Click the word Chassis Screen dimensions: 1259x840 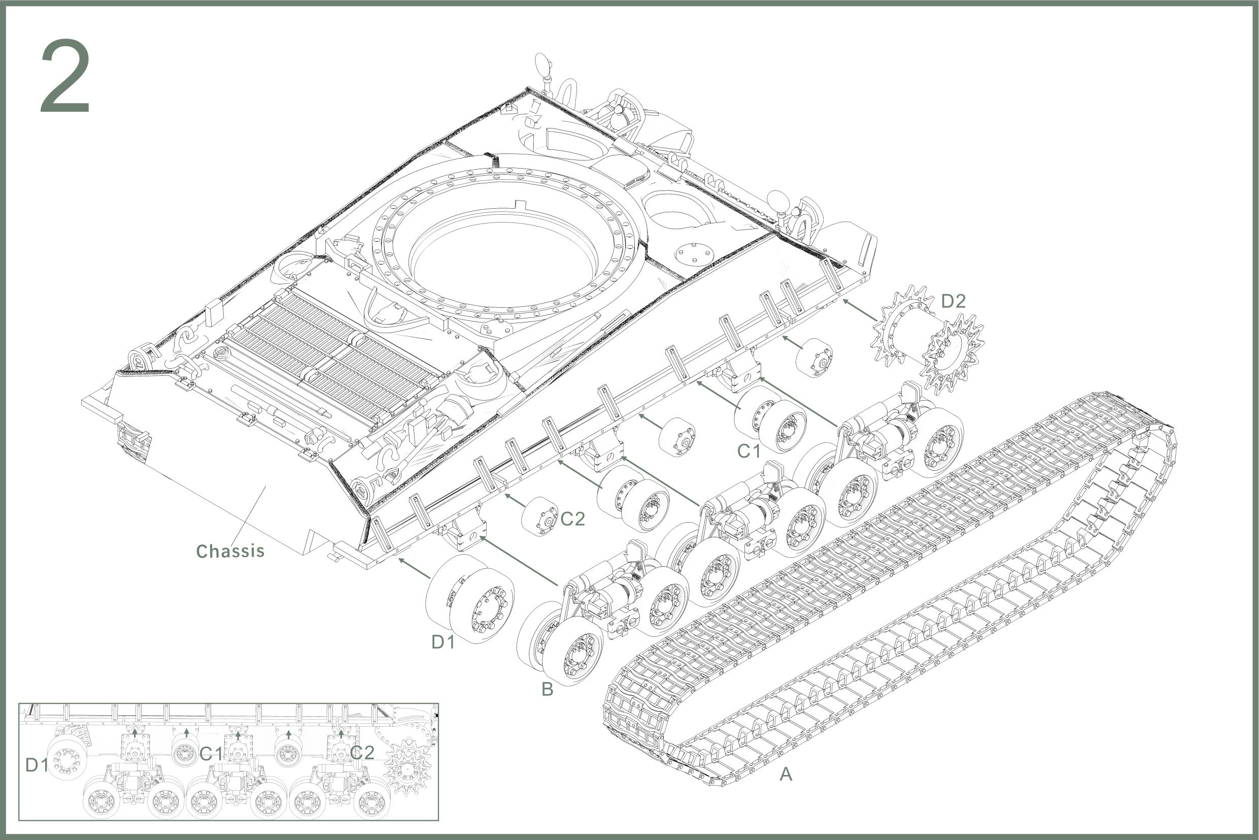(x=230, y=551)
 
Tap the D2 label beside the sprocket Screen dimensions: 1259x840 (x=954, y=301)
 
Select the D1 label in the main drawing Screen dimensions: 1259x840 (x=443, y=642)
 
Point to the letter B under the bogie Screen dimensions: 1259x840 (x=547, y=689)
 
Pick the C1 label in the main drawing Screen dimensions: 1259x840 (x=749, y=451)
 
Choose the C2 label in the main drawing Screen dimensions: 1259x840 (x=573, y=519)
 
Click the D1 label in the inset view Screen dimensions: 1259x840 (x=37, y=765)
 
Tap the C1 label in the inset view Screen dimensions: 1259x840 (x=211, y=754)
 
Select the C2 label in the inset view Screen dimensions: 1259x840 (x=362, y=753)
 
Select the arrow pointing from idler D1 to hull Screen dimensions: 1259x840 (x=414, y=568)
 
